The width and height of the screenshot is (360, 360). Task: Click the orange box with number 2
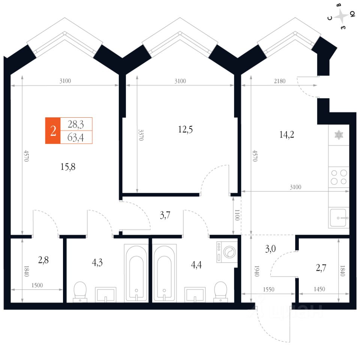(x=53, y=130)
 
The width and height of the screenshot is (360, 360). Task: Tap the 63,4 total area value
(x=75, y=138)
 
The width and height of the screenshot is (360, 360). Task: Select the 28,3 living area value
(x=75, y=124)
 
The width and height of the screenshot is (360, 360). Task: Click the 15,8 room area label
(x=68, y=167)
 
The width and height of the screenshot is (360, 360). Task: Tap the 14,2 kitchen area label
(x=286, y=134)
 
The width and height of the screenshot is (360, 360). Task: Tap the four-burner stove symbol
(x=339, y=177)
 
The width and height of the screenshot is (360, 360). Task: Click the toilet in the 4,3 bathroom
(x=80, y=291)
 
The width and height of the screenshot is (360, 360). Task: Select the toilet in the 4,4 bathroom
(x=220, y=291)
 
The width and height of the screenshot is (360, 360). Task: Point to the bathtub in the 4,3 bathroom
(x=136, y=273)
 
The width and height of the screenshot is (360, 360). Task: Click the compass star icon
(x=342, y=17)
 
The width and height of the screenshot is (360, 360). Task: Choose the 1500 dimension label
(x=37, y=285)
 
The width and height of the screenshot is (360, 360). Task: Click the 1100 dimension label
(x=237, y=216)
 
